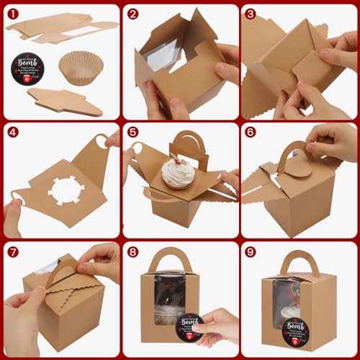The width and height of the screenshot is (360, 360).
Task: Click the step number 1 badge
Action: coord(12,14)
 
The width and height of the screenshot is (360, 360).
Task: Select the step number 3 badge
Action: coord(250,14)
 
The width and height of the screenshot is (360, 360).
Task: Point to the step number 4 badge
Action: coord(12,132)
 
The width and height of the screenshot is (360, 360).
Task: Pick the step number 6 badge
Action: coord(250,132)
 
